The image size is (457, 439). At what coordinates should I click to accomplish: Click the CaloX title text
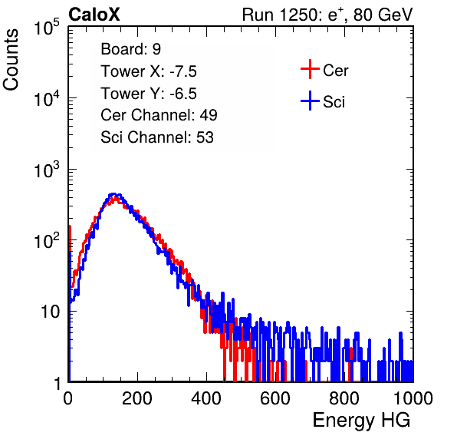point(94,15)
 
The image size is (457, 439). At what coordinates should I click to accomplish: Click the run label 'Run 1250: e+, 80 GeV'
point(327,15)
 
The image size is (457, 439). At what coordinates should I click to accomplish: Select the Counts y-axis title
point(11,60)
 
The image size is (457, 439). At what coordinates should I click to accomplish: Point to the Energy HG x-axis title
point(361,421)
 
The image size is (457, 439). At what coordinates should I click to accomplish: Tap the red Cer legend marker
point(310,69)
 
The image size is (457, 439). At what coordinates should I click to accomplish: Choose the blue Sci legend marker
point(310,101)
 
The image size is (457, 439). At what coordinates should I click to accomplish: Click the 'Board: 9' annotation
point(131,49)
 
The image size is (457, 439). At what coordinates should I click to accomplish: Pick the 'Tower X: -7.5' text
point(149,71)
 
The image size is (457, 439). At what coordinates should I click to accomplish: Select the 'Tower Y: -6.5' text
point(149,94)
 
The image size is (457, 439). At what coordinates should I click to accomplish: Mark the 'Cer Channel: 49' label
point(159,115)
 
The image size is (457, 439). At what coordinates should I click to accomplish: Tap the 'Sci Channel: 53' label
point(157,137)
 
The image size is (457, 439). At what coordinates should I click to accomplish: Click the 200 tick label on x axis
point(137,398)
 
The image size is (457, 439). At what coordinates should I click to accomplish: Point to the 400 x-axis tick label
point(206,398)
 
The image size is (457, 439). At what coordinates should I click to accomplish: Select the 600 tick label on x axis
point(275,398)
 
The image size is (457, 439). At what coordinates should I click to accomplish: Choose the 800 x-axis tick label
point(344,398)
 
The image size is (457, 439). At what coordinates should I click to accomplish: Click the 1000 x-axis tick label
point(413,398)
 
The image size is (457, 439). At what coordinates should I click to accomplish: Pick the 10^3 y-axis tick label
point(47,170)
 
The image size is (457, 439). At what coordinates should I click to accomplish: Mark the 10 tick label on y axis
point(50,312)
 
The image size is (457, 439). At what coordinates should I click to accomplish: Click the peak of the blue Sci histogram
point(114,194)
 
